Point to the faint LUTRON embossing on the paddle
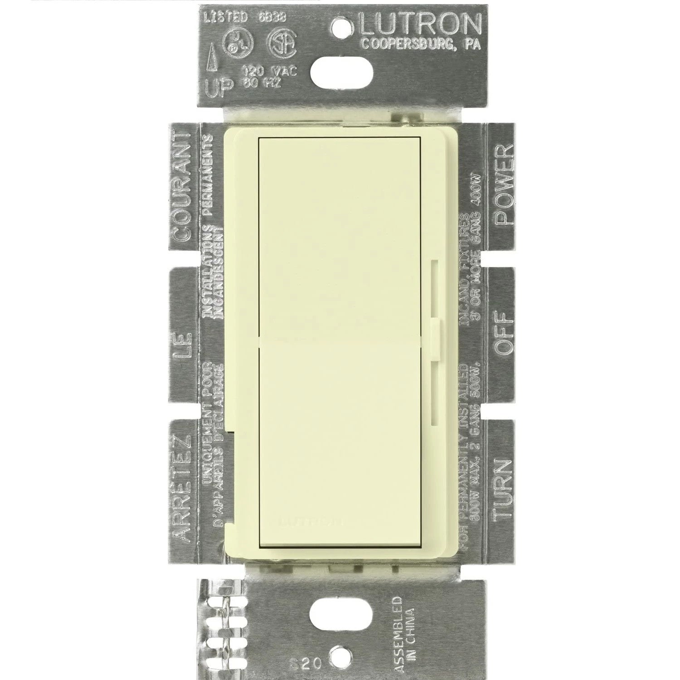click(x=312, y=521)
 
